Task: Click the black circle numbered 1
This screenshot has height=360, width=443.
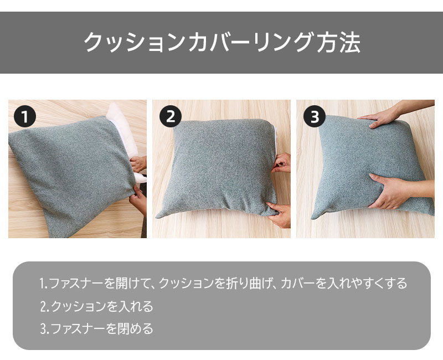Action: click(25, 116)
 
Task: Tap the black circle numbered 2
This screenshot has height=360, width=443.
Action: click(171, 116)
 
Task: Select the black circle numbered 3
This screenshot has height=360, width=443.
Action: click(315, 116)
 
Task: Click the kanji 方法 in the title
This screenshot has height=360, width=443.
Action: click(338, 43)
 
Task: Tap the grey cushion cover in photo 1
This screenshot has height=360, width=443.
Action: click(71, 175)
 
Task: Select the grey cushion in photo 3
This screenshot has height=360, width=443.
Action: click(370, 167)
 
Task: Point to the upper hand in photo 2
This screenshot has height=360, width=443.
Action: click(281, 162)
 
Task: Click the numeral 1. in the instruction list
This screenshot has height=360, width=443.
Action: click(44, 284)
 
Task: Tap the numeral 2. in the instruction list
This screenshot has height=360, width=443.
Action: click(45, 306)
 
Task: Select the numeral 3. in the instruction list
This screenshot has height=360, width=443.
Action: click(45, 328)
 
